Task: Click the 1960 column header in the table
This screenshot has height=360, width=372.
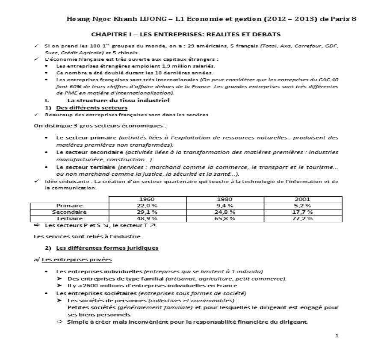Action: tap(147, 199)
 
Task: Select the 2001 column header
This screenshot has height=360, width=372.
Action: tap(303, 199)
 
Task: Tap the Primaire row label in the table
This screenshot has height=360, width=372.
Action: tap(69, 206)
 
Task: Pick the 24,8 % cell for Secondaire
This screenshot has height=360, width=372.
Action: tap(225, 212)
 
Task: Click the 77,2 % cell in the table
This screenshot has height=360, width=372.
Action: tap(303, 218)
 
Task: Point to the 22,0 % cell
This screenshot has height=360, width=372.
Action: tap(147, 206)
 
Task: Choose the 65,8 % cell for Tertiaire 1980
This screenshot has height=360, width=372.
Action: tap(225, 218)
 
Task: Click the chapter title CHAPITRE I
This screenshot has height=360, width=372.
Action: tap(186, 34)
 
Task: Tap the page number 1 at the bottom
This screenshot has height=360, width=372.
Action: tap(337, 336)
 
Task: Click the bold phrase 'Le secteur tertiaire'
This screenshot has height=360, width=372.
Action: tap(86, 167)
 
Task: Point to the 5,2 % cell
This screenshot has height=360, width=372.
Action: tap(303, 206)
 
